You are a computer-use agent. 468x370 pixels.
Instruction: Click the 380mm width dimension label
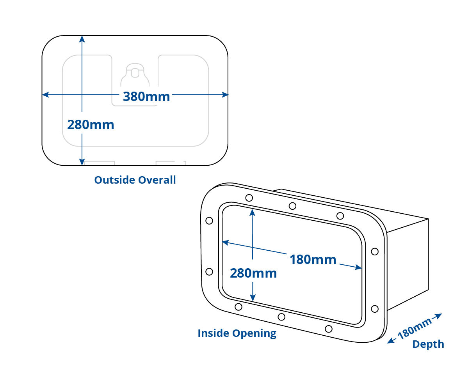tap(146, 96)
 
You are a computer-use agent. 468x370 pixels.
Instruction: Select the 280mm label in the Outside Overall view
tap(91, 125)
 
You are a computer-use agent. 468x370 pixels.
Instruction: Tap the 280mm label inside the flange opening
tap(253, 273)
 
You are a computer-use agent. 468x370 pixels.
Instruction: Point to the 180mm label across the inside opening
tap(313, 259)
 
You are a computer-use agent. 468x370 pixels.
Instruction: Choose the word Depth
tap(428, 344)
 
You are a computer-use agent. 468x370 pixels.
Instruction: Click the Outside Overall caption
tap(135, 180)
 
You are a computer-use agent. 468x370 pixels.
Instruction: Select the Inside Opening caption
tap(237, 333)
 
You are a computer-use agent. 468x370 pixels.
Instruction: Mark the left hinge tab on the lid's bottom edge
tap(99, 163)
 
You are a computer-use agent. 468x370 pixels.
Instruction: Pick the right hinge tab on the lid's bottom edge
tap(171, 163)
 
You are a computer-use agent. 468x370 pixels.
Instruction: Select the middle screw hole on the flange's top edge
tap(292, 206)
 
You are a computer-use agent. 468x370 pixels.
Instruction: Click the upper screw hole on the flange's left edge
tap(209, 221)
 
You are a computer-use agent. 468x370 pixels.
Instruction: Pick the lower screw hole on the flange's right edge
tap(375, 309)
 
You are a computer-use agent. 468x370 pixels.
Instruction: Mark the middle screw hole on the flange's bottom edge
tap(281, 317)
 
